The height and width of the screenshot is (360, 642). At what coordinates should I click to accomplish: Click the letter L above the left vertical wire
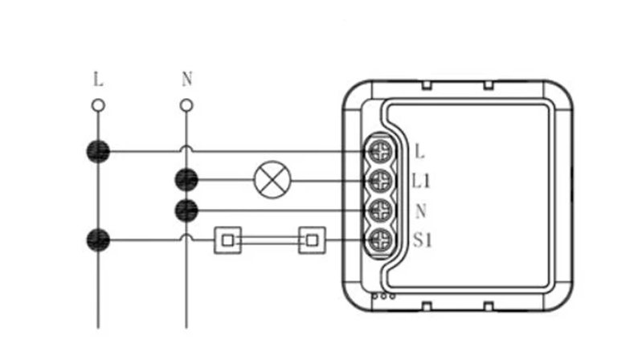[98, 79]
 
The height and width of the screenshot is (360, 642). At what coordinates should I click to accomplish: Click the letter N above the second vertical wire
[187, 79]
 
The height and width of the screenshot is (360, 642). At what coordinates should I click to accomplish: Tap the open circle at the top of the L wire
[98, 105]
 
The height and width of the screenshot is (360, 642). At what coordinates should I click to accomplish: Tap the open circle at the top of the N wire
[186, 105]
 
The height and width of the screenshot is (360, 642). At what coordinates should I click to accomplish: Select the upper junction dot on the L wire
[98, 152]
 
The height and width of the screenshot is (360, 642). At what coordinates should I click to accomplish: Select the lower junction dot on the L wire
[98, 240]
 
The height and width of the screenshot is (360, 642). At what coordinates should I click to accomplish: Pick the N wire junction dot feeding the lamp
[186, 180]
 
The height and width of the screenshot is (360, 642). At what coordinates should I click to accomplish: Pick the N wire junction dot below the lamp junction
[186, 211]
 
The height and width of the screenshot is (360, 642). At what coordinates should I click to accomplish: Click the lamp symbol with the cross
[272, 180]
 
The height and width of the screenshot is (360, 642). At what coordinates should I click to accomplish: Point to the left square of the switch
[228, 240]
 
